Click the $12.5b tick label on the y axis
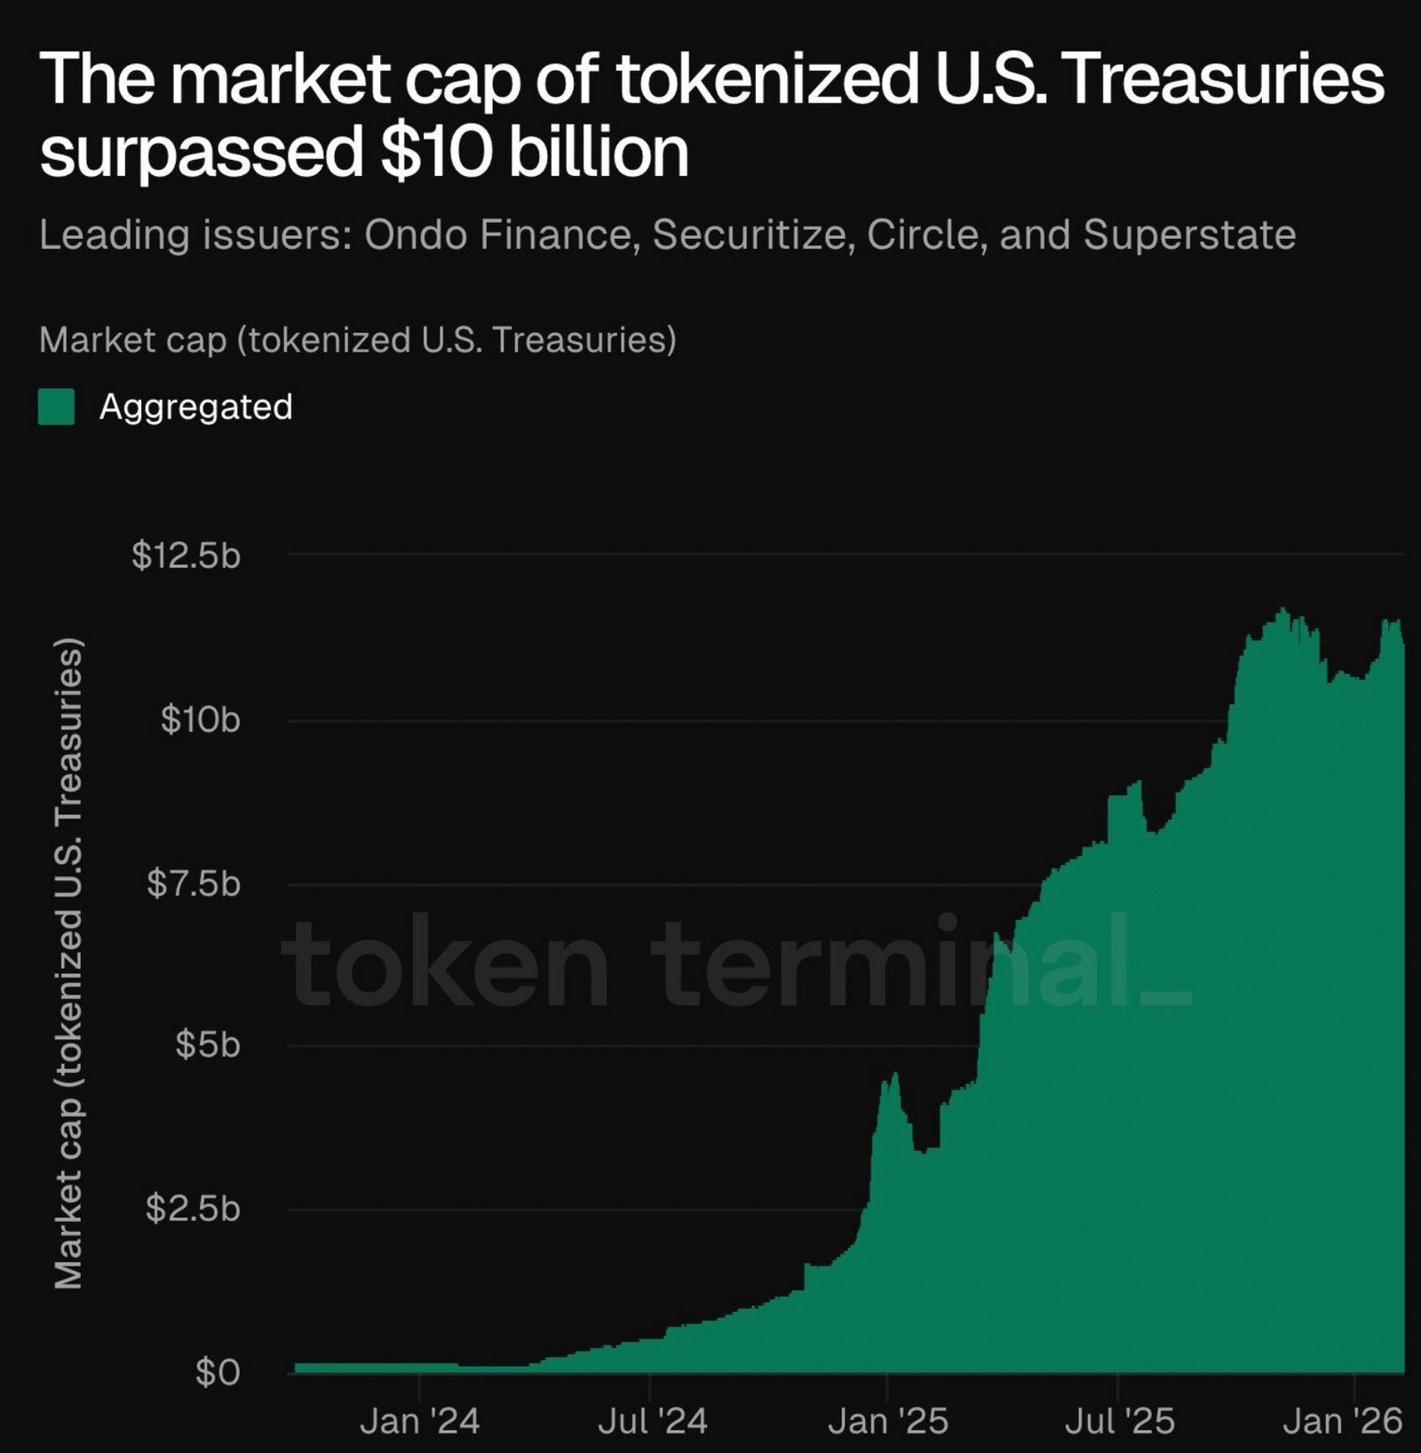coord(187,555)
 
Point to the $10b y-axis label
coord(200,719)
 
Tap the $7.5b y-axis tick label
coord(194,884)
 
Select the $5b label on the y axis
coord(208,1044)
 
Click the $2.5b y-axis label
coord(194,1209)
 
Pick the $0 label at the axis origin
coord(218,1372)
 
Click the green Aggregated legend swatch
coord(57,408)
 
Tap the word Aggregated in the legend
coord(196,408)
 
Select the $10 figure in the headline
coord(436,151)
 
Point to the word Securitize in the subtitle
coord(753,234)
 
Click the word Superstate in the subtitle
coord(1189,234)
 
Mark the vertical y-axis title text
coord(68,964)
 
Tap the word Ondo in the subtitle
coord(416,234)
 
